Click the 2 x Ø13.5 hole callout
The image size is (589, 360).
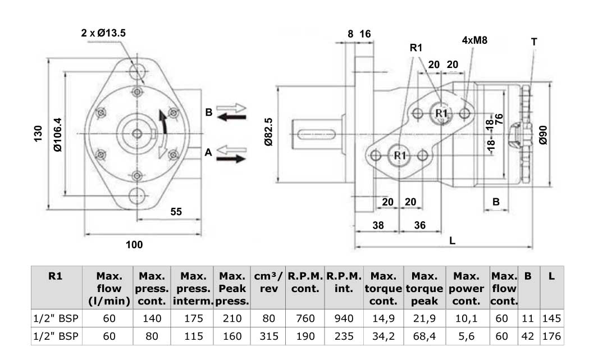(x=103, y=33)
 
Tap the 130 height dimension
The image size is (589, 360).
(x=38, y=133)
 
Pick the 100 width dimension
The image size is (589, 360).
(x=134, y=244)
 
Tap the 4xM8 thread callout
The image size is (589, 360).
(x=474, y=40)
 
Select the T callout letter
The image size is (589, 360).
(x=533, y=42)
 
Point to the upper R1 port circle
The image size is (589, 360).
(x=441, y=113)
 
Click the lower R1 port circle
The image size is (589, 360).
(x=399, y=154)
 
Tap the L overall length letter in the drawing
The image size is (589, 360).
(x=452, y=240)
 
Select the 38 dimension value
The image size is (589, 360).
(x=378, y=225)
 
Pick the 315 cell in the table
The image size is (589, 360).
(x=269, y=336)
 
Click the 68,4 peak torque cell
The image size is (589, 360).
(x=424, y=336)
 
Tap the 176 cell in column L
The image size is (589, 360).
(x=553, y=336)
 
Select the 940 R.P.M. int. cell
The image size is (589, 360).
(x=344, y=318)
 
